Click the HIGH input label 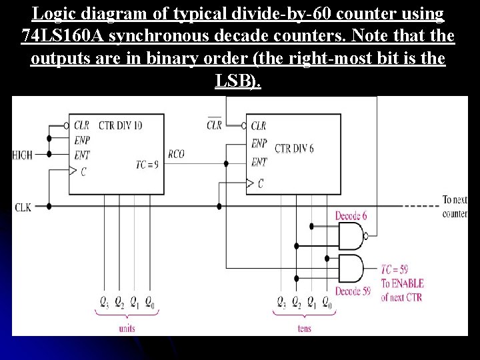tap(22, 155)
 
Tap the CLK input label tap(23, 207)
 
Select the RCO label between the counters tap(176, 154)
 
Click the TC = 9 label tap(147, 164)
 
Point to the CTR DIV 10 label tap(120, 125)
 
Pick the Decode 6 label tap(351, 216)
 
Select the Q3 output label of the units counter tap(103, 303)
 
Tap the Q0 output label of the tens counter tap(327, 303)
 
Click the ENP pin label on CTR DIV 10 tap(82, 141)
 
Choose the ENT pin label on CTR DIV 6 tap(259, 162)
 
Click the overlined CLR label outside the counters tap(214, 125)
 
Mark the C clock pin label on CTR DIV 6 tap(260, 183)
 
